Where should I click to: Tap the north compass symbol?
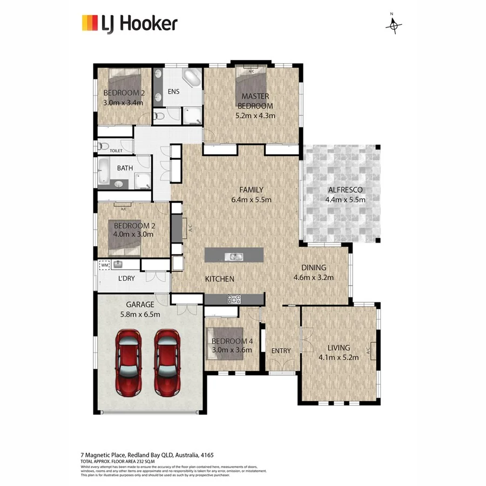[x=394, y=24]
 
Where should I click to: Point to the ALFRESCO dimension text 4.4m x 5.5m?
[x=345, y=199]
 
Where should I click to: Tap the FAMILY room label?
[x=251, y=190]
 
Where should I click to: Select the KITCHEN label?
[x=219, y=279]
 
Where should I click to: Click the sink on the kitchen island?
[x=235, y=256]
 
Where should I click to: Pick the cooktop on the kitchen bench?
[x=235, y=299]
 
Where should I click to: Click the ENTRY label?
[x=281, y=350]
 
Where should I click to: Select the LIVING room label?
[x=339, y=348]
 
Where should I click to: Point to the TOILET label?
[x=116, y=151]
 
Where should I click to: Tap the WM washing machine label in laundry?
[x=104, y=265]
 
